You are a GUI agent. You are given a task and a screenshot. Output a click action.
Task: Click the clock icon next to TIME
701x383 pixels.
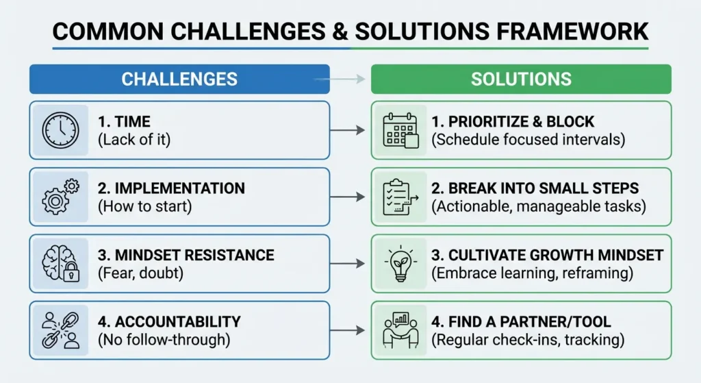click(60, 129)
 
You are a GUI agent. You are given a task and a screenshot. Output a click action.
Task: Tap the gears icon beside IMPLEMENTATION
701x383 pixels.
click(60, 196)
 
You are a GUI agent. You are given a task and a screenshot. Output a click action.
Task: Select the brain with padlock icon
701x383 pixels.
click(60, 263)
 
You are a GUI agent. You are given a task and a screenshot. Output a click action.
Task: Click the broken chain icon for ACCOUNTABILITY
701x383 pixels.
click(60, 330)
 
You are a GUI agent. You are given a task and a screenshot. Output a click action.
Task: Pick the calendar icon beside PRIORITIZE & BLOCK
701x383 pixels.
click(400, 129)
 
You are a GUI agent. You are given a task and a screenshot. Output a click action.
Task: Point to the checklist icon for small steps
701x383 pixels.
click(400, 196)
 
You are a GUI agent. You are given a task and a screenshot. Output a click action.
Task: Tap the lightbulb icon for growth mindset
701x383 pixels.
click(400, 263)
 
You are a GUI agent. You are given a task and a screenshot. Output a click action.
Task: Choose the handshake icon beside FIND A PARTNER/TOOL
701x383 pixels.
click(400, 330)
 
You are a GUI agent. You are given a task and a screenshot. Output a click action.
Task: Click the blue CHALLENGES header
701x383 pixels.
click(179, 79)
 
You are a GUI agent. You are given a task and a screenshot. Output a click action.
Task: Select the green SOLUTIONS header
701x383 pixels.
click(521, 79)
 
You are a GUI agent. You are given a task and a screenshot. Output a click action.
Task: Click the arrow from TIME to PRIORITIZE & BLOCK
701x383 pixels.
click(348, 130)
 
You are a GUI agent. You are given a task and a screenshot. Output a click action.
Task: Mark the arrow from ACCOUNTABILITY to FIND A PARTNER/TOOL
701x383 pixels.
click(348, 330)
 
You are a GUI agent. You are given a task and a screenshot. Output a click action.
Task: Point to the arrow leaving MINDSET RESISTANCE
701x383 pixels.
click(348, 264)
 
